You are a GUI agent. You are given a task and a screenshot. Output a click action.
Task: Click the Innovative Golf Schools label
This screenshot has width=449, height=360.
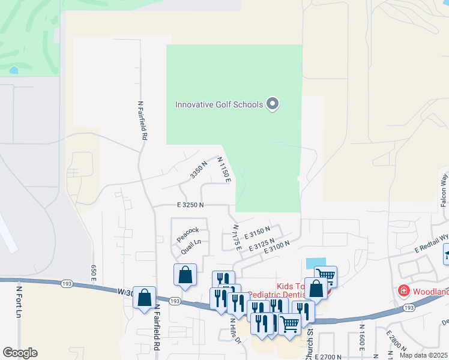(x=218, y=105)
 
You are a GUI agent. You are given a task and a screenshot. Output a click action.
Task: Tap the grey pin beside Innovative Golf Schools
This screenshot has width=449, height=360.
(x=273, y=104)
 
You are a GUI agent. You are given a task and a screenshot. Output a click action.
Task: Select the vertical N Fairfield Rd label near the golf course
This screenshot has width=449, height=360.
(x=142, y=120)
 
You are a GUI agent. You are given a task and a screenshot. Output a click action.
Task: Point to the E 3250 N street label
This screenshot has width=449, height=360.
(x=190, y=205)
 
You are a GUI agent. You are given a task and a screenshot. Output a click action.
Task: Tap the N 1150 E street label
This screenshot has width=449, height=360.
(x=224, y=170)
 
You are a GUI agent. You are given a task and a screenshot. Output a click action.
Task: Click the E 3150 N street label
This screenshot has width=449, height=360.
(x=258, y=230)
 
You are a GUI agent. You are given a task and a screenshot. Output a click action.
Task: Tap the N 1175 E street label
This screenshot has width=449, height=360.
(x=236, y=238)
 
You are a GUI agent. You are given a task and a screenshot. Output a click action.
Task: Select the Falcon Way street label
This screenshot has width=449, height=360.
(x=444, y=190)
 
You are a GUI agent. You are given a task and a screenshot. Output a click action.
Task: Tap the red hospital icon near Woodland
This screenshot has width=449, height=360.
(x=405, y=291)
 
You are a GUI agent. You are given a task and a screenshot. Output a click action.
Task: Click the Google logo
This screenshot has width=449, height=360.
(x=20, y=353)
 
